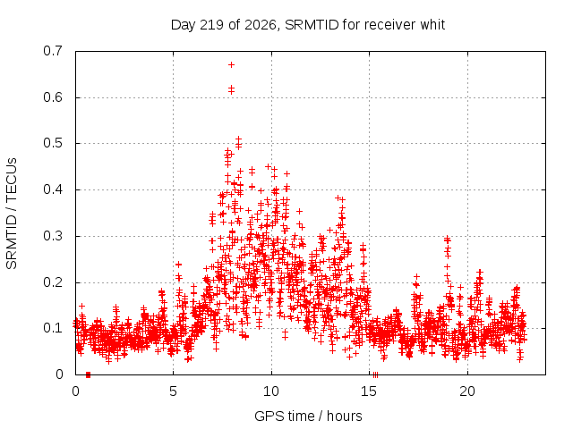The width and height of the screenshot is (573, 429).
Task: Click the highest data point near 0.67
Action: pos(231,65)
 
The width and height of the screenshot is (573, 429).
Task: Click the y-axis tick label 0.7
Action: pos(53,51)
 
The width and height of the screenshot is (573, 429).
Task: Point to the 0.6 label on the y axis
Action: pos(53,97)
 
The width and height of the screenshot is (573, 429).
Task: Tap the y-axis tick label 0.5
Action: pos(53,143)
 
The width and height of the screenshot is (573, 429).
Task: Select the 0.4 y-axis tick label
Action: pos(53,189)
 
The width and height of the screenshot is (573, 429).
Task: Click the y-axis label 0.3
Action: pos(53,236)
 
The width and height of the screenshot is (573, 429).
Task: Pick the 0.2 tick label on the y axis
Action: pos(53,282)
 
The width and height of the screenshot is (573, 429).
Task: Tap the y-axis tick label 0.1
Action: pos(53,328)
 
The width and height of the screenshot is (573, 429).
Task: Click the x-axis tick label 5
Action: pos(173,391)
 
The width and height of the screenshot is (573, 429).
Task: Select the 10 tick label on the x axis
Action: pos(271,391)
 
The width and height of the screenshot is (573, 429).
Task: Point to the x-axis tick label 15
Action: pos(369,391)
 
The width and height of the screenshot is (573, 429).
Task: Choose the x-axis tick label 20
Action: pos(467,391)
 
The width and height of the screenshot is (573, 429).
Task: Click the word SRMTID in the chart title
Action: pos(312,25)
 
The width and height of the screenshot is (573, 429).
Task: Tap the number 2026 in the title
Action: pos(261,25)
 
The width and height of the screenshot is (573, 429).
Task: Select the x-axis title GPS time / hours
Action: pos(308,416)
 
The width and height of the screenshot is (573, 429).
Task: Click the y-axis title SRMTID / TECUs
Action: pos(12,214)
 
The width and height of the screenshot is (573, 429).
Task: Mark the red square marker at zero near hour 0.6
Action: pos(88,375)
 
